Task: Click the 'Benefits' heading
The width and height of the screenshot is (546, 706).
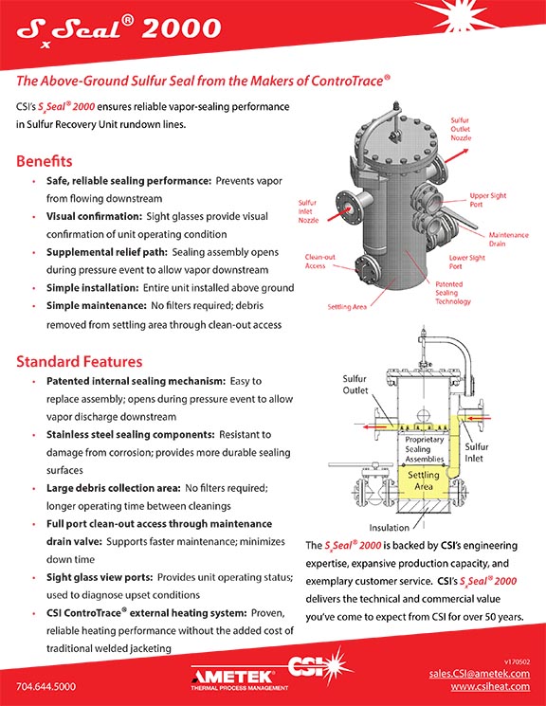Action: (45, 161)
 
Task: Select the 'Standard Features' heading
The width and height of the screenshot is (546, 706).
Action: (80, 362)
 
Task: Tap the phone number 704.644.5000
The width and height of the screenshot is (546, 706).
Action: (45, 687)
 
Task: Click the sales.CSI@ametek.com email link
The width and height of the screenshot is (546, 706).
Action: (480, 674)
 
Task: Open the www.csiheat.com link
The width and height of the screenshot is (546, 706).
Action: (490, 687)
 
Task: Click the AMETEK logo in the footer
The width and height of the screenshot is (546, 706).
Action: (239, 679)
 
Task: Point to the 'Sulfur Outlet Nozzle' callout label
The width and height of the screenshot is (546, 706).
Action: (461, 129)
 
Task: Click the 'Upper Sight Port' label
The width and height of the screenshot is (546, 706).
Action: (488, 200)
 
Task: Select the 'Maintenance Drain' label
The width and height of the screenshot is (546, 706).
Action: (509, 239)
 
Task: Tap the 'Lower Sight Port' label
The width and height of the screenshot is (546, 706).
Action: (466, 262)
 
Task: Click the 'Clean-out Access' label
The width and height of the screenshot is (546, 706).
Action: (319, 262)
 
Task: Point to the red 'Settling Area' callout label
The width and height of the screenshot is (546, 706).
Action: (347, 307)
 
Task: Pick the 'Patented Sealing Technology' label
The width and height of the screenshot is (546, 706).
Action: (453, 293)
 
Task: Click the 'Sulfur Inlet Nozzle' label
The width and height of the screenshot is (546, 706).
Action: (308, 211)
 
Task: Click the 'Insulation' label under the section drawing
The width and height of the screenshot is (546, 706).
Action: (390, 528)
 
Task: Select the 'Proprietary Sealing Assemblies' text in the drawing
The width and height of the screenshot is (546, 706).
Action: (425, 449)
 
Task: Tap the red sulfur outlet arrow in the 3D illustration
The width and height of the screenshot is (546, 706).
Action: (456, 155)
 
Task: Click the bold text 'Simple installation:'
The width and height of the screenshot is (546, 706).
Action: (92, 288)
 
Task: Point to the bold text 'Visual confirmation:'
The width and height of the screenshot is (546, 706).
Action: (94, 217)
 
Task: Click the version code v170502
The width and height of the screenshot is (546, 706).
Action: (518, 661)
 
